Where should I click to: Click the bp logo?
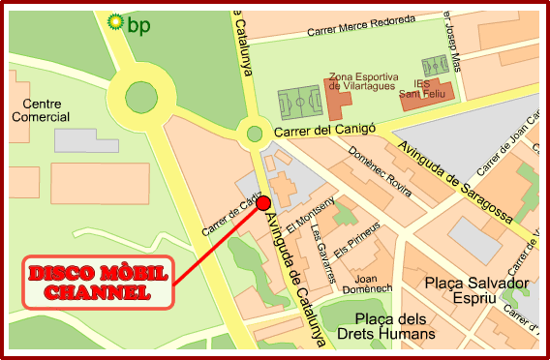tap(129, 21)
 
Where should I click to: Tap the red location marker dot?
tap(263, 202)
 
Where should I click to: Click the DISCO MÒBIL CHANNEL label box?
tap(97, 283)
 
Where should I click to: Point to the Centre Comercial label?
tap(41, 110)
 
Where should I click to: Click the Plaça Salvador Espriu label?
tap(477, 291)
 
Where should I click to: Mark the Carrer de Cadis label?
tap(225, 217)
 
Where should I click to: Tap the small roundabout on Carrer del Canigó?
tap(255, 134)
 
